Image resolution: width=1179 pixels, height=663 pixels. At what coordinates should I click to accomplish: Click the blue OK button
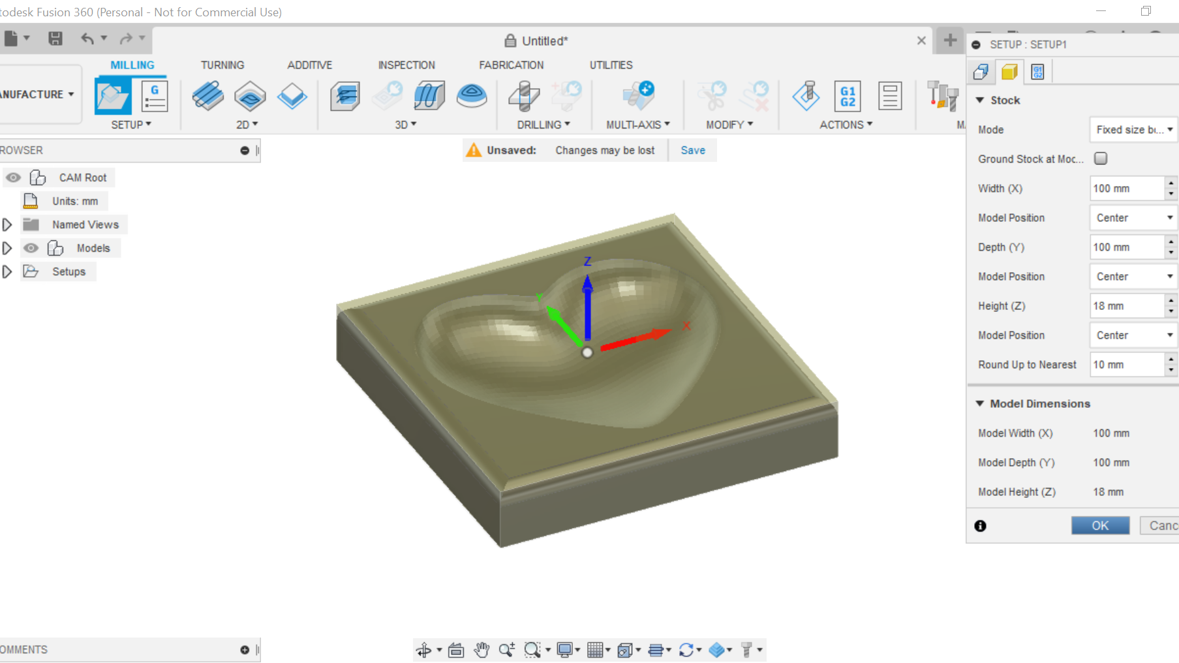(1100, 525)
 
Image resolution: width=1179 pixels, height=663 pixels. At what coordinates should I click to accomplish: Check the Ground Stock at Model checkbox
(1101, 159)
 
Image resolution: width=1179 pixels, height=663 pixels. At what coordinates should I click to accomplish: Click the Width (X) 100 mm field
(1127, 189)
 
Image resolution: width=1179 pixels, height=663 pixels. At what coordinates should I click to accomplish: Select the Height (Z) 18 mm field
(1127, 306)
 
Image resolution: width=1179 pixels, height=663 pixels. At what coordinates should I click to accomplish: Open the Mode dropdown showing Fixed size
(1133, 130)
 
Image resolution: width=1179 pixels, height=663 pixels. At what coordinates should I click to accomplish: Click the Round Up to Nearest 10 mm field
(1127, 365)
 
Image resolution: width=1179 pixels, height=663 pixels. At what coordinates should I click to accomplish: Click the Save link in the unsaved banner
(693, 150)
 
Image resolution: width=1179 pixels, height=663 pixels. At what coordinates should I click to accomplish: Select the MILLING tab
(132, 65)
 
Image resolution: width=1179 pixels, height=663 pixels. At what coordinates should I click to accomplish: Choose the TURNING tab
(222, 65)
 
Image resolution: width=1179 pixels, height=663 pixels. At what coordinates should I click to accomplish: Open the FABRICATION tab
(511, 65)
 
